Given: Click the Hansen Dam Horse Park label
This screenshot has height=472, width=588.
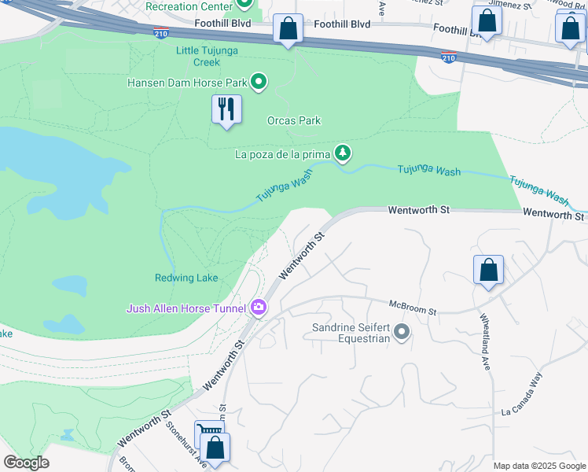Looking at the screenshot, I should [x=187, y=82].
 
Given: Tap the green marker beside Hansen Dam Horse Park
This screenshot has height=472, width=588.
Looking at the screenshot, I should [x=259, y=82].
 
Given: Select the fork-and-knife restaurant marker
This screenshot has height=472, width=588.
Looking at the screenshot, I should [x=226, y=109].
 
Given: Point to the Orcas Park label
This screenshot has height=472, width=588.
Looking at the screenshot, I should [x=294, y=120].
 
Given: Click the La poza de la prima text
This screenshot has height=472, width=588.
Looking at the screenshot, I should [x=282, y=154].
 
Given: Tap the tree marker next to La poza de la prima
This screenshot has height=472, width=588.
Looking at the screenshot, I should [x=342, y=153].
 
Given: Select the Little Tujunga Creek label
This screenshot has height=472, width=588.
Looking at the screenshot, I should [x=208, y=56].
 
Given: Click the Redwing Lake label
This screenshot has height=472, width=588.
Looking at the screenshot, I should [x=186, y=278].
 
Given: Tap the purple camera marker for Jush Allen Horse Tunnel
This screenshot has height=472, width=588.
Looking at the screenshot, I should [x=259, y=308].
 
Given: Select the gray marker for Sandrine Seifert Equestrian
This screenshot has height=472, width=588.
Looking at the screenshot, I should [x=402, y=332].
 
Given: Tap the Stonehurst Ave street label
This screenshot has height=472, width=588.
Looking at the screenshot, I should [x=186, y=442].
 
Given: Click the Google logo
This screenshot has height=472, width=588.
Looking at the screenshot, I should [x=26, y=463].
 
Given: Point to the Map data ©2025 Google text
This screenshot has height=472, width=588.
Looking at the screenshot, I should [x=539, y=466].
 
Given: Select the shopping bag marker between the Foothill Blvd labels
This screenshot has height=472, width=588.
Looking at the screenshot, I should [x=288, y=30].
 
